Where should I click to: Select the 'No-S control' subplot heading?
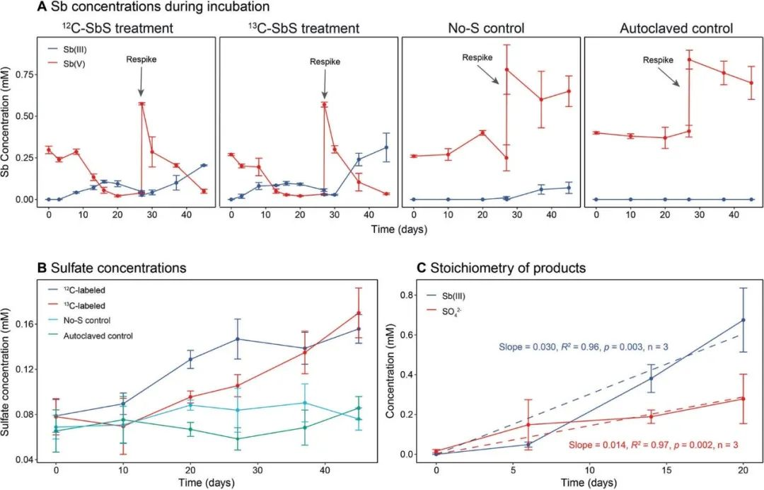[486, 29]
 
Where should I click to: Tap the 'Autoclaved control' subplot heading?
[676, 29]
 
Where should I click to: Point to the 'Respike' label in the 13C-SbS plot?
[325, 62]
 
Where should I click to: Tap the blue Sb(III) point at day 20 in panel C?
[743, 320]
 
